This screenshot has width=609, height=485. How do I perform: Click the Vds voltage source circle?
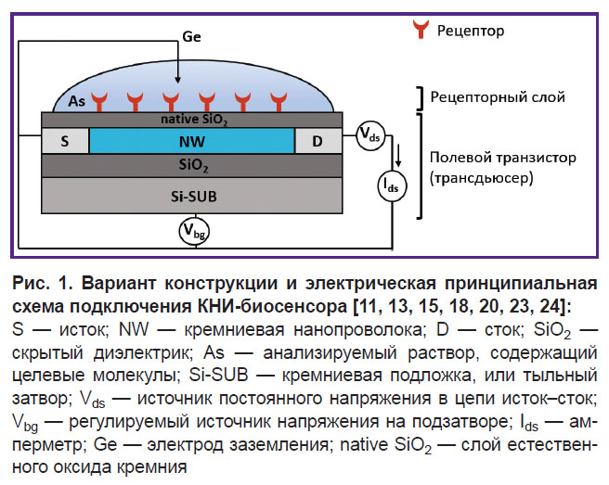(370, 135)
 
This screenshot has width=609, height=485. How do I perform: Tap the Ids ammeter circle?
(393, 185)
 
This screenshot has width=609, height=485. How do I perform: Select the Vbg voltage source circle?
(194, 231)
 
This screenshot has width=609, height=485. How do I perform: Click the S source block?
(65, 141)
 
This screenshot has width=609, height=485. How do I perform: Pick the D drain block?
(318, 141)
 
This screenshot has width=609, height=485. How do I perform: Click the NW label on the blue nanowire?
(192, 142)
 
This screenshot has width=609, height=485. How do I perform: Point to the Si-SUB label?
(194, 197)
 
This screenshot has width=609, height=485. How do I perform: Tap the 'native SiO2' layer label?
(194, 120)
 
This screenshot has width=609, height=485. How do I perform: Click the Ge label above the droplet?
(191, 37)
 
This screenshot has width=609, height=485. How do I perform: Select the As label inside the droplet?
(76, 101)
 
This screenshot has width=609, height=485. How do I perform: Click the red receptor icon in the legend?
(421, 29)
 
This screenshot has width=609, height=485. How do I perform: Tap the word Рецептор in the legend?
(471, 31)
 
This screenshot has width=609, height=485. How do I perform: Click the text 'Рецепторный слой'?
(498, 97)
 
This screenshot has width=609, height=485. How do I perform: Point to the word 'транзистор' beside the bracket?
(536, 158)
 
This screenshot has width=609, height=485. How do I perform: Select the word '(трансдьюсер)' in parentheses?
(481, 178)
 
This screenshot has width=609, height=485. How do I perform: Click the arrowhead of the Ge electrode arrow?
(177, 80)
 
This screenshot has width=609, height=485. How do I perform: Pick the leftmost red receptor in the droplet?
(99, 102)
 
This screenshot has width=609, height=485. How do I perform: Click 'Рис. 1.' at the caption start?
(43, 284)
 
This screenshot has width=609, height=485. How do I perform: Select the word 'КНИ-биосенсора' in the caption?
(272, 307)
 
